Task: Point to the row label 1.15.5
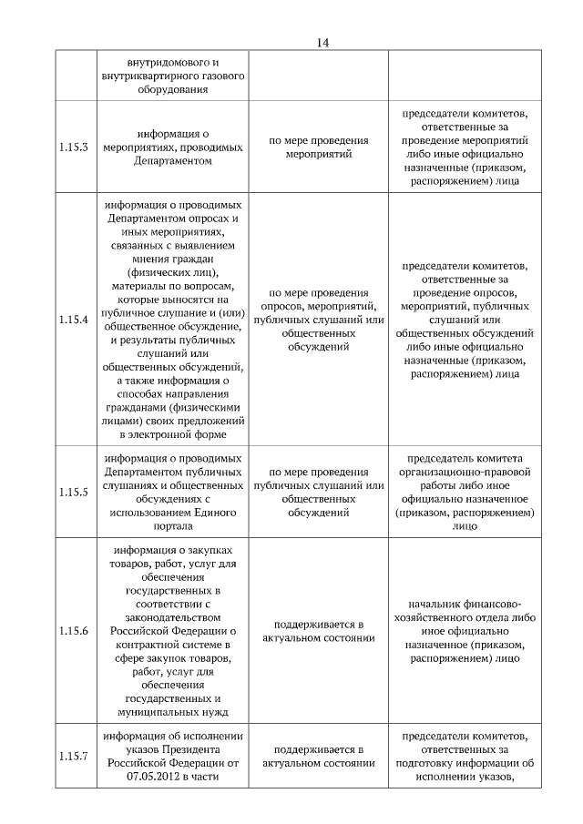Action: click(74, 493)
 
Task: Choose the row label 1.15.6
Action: click(74, 630)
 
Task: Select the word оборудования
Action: click(173, 91)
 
